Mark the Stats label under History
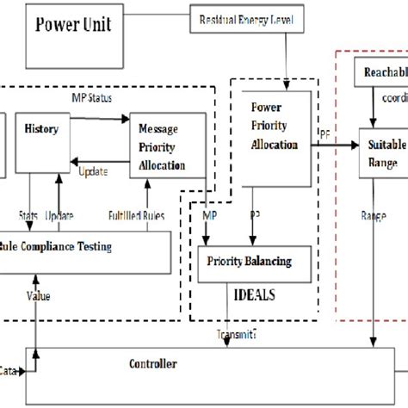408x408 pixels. tap(28, 214)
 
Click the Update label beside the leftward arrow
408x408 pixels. tap(93, 172)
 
